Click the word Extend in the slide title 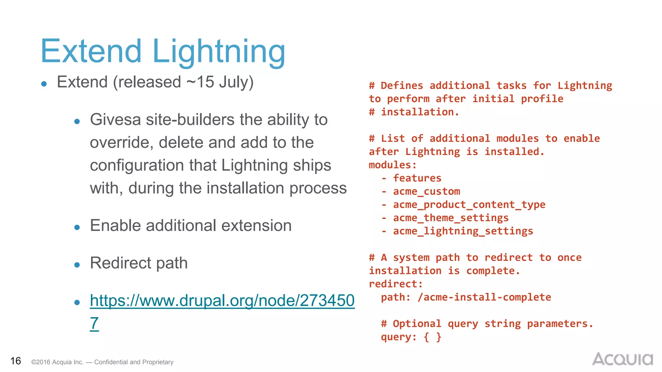coord(91,52)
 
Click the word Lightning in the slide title coord(219,52)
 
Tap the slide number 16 coord(16,361)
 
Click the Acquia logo coord(622,359)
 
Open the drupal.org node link coord(222,301)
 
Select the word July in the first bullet coord(236,82)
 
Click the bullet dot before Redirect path coord(77,265)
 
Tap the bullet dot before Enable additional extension coord(77,228)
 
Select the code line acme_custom coord(426,191)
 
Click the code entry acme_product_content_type coord(469,205)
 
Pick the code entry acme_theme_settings coord(451,218)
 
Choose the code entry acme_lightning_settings coord(463,231)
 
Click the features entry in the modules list coord(417,178)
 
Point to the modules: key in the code coord(392,165)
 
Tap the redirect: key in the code coord(396,284)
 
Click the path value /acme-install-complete coord(484,297)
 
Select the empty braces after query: coord(432,337)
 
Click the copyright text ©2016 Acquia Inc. coord(57,362)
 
